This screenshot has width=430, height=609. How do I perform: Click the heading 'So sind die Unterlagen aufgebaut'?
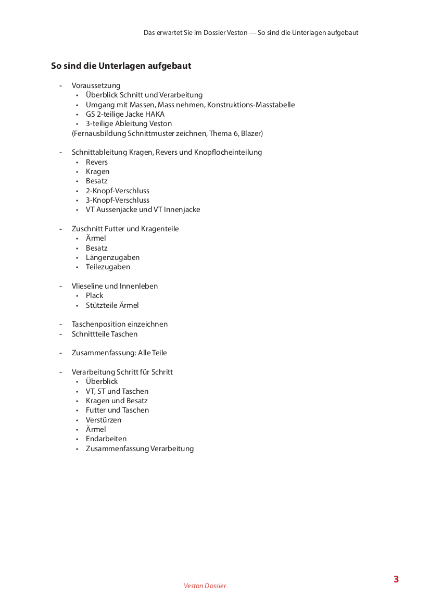click(121, 66)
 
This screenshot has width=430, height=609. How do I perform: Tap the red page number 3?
click(396, 579)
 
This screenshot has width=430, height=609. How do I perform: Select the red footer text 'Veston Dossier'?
click(205, 586)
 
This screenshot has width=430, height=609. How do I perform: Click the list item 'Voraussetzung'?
click(96, 85)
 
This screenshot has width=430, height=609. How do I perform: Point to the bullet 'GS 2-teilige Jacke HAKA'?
click(125, 114)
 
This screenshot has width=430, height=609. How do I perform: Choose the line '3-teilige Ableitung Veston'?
click(129, 123)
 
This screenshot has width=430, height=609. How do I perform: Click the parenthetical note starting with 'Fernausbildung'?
click(167, 133)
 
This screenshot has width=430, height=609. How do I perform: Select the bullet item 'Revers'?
click(97, 162)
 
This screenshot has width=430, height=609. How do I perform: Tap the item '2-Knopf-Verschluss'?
click(118, 191)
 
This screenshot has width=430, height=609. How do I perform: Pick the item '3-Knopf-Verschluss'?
click(118, 200)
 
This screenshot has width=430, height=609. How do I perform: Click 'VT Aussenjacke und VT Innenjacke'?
click(143, 209)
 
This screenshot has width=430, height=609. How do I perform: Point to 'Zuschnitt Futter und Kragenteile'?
click(125, 229)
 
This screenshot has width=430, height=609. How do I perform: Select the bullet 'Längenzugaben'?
click(112, 257)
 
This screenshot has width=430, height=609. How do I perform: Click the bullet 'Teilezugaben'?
click(108, 267)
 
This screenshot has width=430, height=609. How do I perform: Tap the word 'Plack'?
click(95, 295)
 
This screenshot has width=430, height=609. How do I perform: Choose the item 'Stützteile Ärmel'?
click(112, 305)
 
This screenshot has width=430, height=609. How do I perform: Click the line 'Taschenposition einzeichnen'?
click(120, 324)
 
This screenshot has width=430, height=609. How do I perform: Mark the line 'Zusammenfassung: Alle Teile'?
click(119, 353)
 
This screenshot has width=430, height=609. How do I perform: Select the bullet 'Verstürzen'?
click(104, 420)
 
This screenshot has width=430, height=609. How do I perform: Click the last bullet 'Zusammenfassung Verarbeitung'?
click(140, 449)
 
